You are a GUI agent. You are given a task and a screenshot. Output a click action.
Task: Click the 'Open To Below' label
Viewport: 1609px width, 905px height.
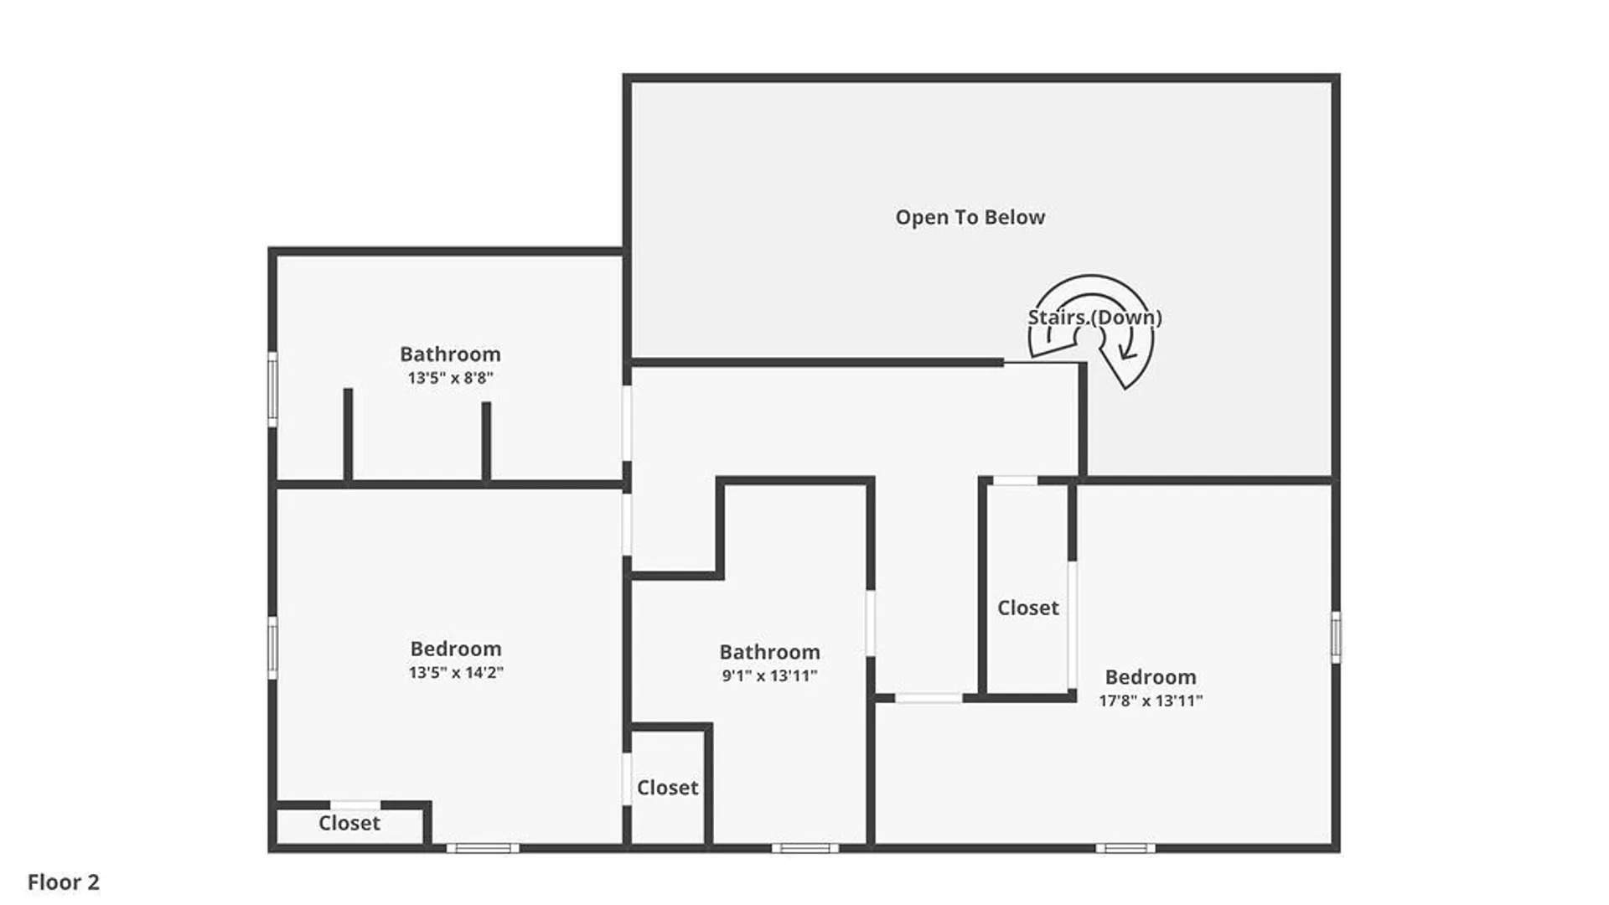coord(970,217)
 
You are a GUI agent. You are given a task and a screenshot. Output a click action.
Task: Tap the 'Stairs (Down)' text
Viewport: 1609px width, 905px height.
coord(1094,318)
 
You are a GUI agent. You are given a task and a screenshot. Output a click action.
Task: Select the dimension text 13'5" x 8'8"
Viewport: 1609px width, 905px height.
coord(450,378)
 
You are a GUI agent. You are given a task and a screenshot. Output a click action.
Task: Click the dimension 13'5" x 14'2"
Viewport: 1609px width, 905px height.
coord(456,672)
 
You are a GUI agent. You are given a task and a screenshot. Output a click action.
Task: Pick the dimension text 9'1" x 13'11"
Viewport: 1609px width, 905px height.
coord(769,675)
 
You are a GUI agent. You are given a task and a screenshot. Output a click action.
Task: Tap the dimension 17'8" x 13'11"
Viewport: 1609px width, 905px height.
coord(1151,701)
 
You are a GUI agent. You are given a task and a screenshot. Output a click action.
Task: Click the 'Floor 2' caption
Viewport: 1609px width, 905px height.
coord(64,882)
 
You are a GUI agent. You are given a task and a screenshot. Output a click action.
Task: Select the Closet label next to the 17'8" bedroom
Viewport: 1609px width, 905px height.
coord(1028,608)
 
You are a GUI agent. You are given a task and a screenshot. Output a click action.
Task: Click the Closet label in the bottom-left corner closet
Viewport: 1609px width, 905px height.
coord(349,823)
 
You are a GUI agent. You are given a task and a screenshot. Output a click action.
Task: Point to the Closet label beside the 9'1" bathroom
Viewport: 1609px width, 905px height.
coord(668,788)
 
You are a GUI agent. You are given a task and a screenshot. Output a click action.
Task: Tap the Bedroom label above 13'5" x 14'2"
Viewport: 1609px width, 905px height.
coord(456,649)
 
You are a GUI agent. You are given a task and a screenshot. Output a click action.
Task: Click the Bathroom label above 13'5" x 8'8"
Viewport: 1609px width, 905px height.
coord(450,354)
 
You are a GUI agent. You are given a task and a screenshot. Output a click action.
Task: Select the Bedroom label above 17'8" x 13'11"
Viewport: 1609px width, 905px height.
coord(1151,677)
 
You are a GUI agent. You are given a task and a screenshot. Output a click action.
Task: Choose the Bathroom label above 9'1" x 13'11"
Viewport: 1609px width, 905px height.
coord(769,652)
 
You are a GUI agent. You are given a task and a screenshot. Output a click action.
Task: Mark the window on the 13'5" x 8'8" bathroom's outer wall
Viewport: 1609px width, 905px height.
coord(272,389)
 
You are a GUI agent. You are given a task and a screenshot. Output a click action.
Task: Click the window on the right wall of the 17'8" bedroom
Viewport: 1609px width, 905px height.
coord(1336,637)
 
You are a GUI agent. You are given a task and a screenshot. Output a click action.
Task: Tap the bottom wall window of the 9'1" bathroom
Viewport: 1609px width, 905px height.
coord(804,848)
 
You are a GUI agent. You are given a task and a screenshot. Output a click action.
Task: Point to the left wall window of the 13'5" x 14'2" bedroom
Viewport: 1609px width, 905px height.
coord(272,647)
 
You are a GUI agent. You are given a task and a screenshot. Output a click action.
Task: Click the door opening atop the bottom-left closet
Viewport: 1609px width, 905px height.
coord(355,805)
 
